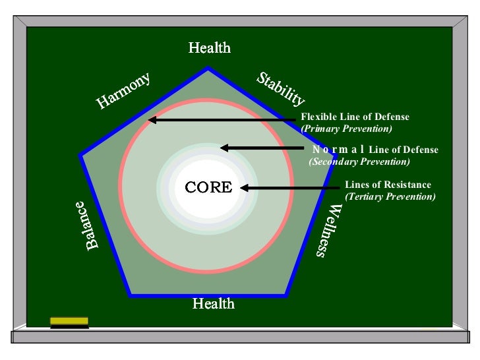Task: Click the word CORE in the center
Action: point(208,187)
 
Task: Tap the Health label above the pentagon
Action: point(209,48)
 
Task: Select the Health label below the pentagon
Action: point(213,303)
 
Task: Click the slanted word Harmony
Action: point(124,90)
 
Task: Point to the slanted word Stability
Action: point(281,90)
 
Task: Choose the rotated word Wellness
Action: point(328,230)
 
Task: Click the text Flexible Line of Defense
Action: point(355,117)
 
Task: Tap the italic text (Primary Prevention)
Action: point(345,128)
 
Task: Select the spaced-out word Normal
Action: point(339,150)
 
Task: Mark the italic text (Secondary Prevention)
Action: point(359,162)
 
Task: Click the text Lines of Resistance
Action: point(388,185)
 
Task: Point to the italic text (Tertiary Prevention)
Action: point(390,196)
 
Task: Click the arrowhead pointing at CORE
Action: point(245,188)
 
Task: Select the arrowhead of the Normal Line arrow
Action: point(224,148)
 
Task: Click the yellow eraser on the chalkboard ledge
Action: point(69,321)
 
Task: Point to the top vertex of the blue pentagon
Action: point(208,69)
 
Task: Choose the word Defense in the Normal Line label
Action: point(421,150)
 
